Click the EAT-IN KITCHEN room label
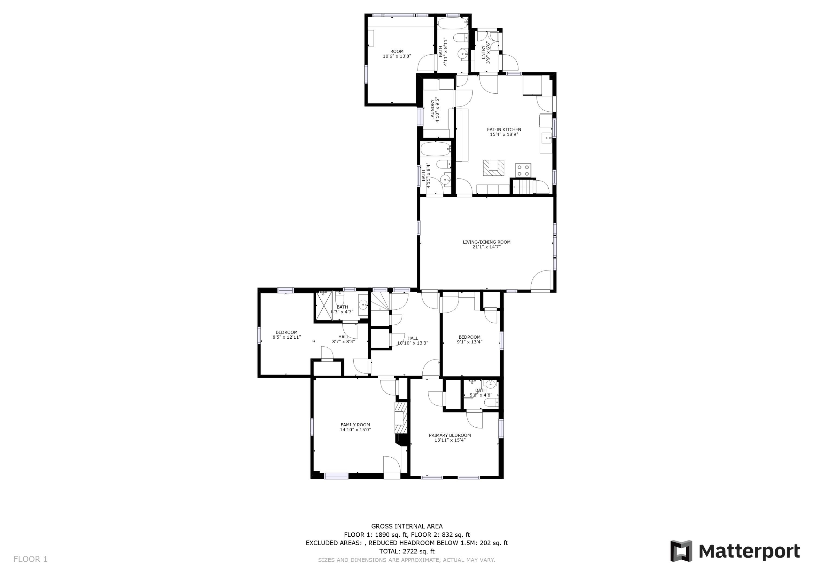pos(504,130)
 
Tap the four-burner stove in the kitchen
pos(523,170)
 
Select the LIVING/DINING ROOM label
pos(487,242)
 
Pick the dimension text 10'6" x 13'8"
pos(397,56)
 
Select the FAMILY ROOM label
pos(355,425)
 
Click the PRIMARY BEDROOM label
pos(450,435)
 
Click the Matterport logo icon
pos(681,551)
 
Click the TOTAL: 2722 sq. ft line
pos(407,551)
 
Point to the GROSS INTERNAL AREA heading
pos(407,526)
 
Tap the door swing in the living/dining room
pos(541,280)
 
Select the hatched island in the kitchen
pos(493,168)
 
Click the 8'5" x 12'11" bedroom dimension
pos(287,337)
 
